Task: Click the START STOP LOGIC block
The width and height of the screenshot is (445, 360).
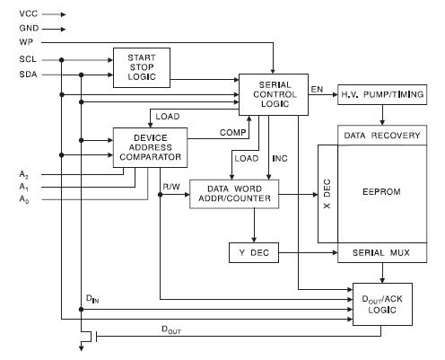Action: coord(142,67)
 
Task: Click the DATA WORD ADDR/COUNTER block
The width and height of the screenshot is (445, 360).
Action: coord(235,193)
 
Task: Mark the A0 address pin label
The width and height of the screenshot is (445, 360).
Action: coord(23,200)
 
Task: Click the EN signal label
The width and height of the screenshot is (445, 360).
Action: coord(318,88)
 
